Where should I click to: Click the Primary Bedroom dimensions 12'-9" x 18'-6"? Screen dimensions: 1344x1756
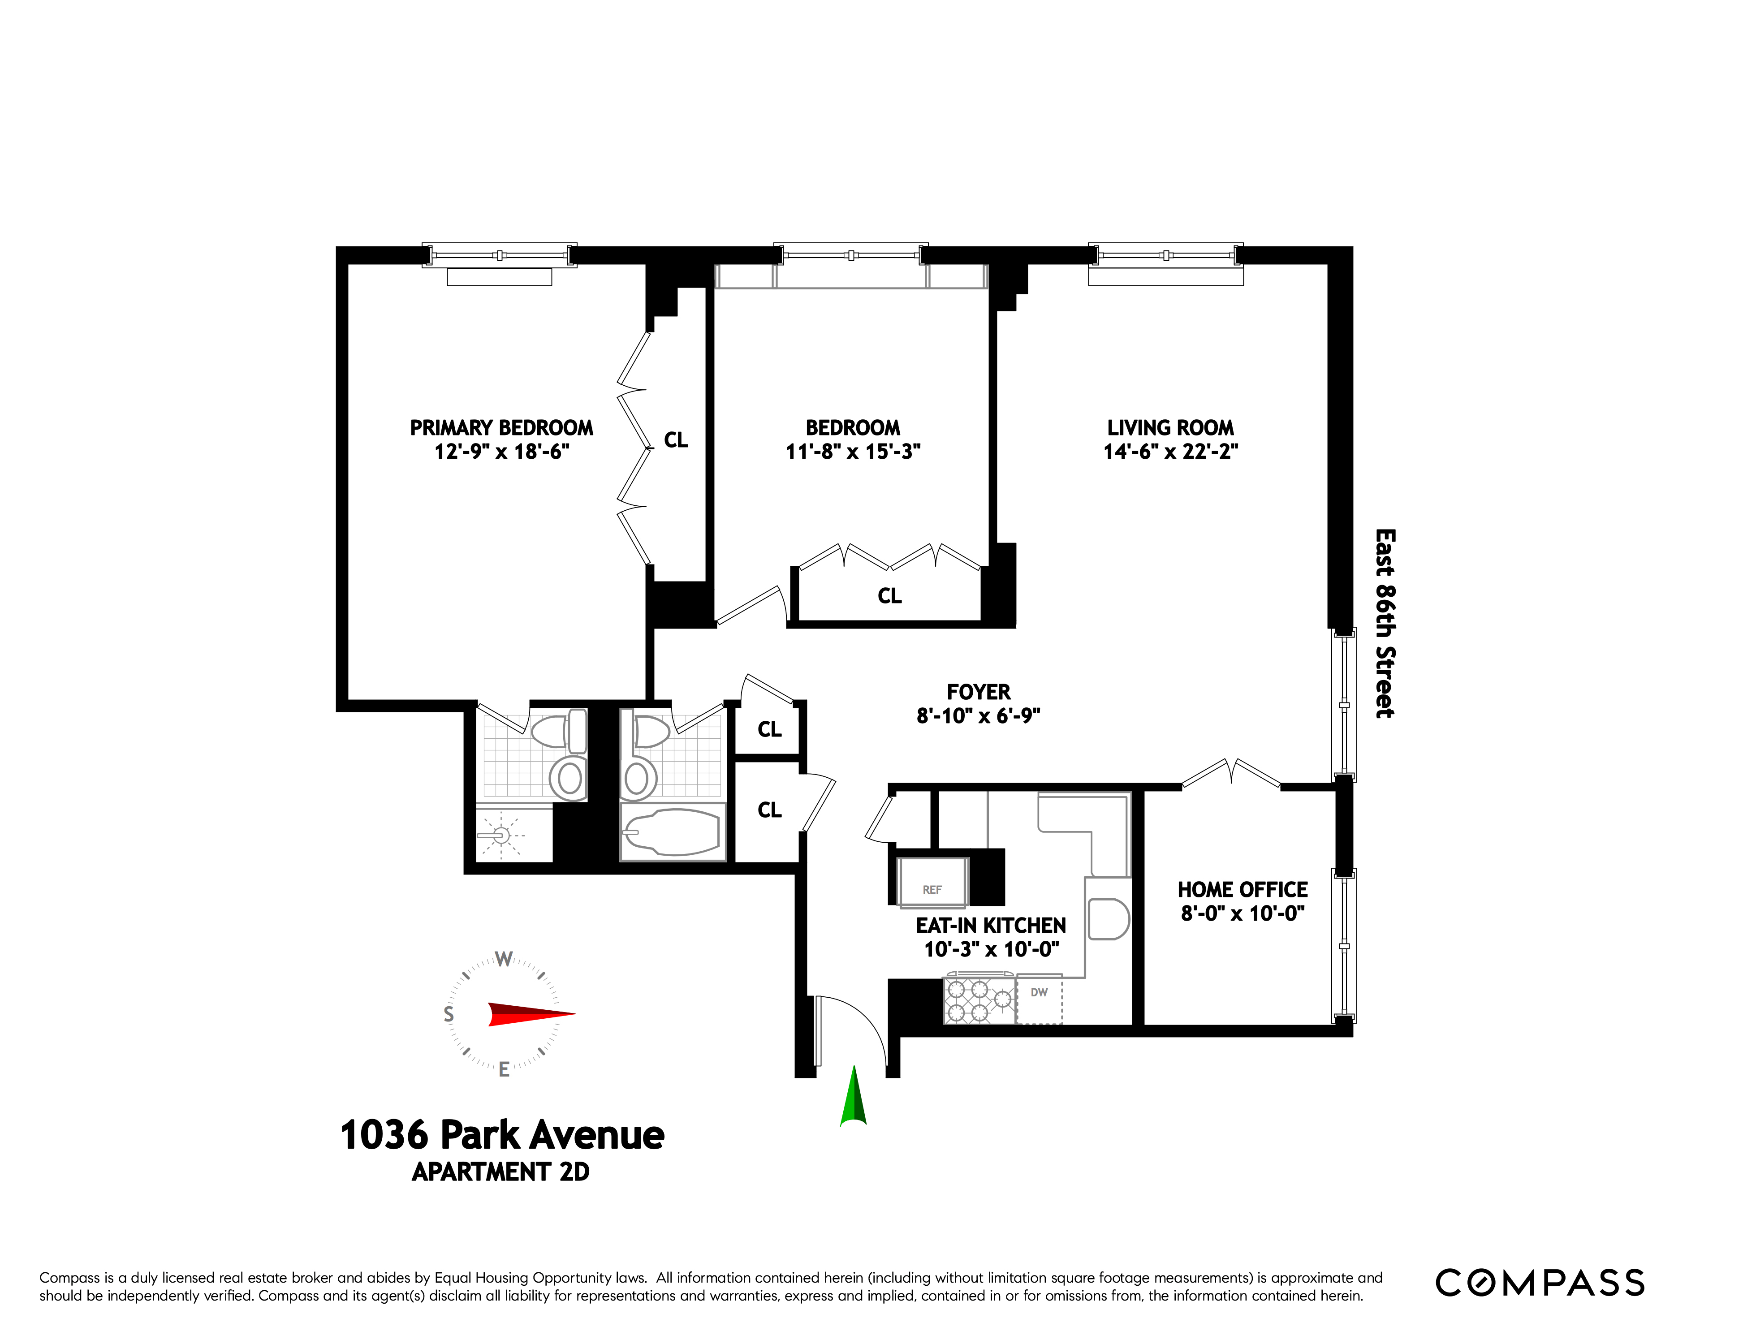coord(501,452)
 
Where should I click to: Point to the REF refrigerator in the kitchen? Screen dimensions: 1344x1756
coord(932,883)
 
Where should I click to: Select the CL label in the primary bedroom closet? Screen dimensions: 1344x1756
coord(676,440)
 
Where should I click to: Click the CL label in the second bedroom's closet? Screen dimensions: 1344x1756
coord(889,596)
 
